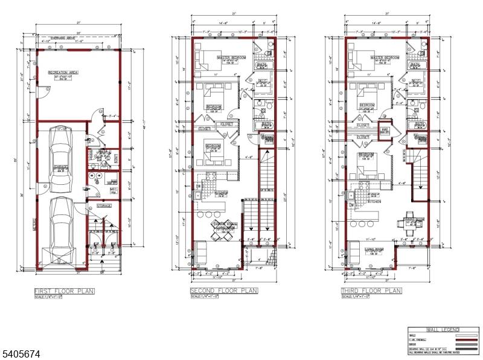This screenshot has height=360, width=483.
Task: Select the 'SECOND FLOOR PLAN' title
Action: [223, 291]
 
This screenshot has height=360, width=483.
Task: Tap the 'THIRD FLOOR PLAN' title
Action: [371, 291]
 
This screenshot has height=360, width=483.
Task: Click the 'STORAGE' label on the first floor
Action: [104, 206]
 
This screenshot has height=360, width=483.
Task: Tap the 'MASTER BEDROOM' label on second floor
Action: [230, 57]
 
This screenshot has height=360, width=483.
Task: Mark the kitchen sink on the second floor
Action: [197, 196]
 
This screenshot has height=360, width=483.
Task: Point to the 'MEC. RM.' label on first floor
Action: [113, 191]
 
